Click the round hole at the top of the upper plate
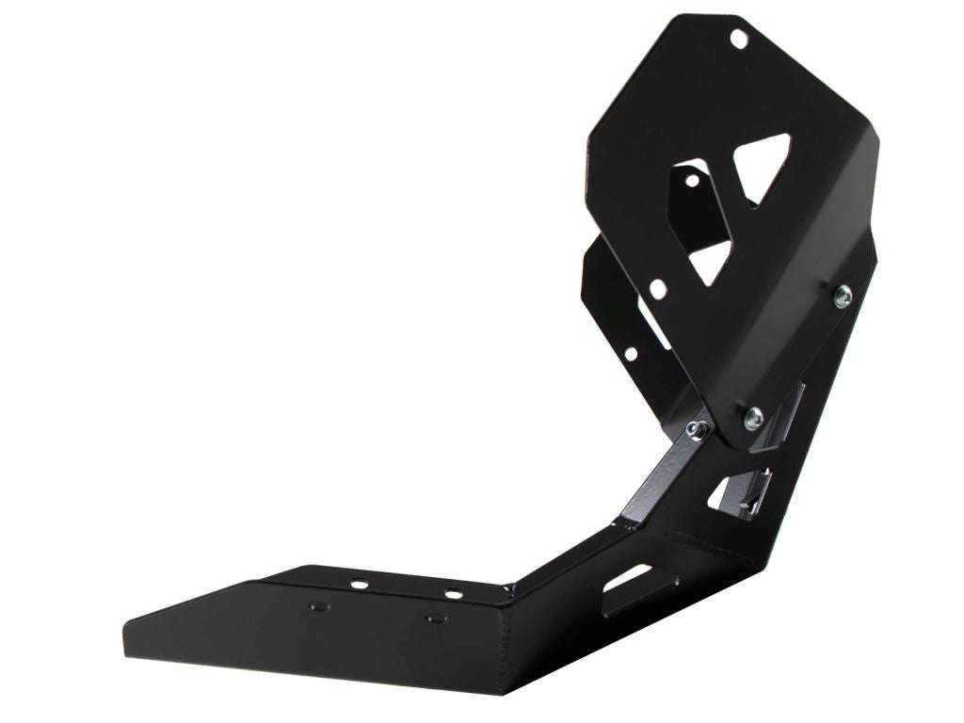(739, 39)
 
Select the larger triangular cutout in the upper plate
(763, 165)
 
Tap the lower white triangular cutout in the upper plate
(711, 261)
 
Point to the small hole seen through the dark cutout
(692, 180)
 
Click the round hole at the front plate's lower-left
(658, 289)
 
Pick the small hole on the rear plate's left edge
(631, 354)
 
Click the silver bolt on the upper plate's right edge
(843, 296)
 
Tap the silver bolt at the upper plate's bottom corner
(753, 419)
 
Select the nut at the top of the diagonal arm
(697, 430)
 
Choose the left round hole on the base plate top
(359, 585)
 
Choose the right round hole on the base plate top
(454, 594)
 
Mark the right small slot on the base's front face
(435, 619)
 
